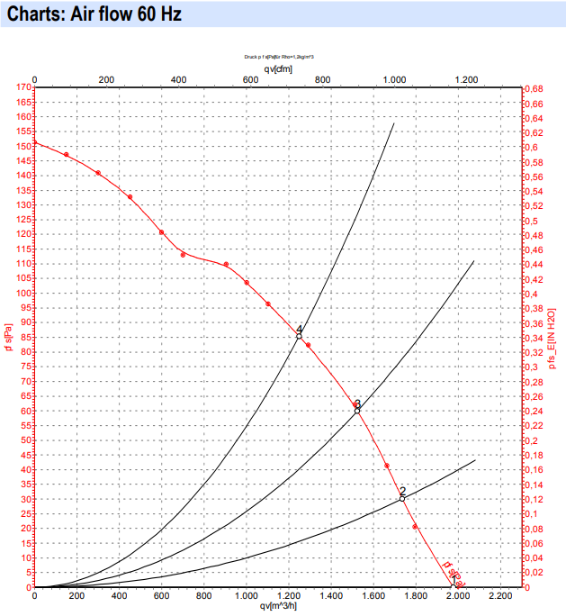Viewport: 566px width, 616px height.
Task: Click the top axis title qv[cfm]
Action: pyautogui.click(x=278, y=68)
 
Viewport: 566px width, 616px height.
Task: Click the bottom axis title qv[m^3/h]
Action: pyautogui.click(x=279, y=606)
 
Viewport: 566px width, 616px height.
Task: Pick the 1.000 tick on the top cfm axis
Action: pyautogui.click(x=394, y=80)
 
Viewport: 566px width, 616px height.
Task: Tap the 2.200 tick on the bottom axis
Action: pyautogui.click(x=500, y=595)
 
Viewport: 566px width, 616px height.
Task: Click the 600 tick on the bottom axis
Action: pyautogui.click(x=161, y=595)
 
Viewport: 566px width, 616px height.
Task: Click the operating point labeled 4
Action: pyautogui.click(x=299, y=336)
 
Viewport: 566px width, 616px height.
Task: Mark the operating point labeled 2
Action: pyautogui.click(x=402, y=498)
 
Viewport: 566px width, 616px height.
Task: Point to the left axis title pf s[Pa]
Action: pyautogui.click(x=7, y=338)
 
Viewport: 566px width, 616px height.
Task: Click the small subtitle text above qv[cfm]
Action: pyautogui.click(x=278, y=57)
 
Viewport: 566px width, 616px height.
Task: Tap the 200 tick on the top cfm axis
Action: pyautogui.click(x=106, y=80)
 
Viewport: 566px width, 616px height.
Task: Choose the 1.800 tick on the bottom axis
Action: pyautogui.click(x=416, y=595)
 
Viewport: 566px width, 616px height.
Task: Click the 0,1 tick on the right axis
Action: pyautogui.click(x=531, y=513)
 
